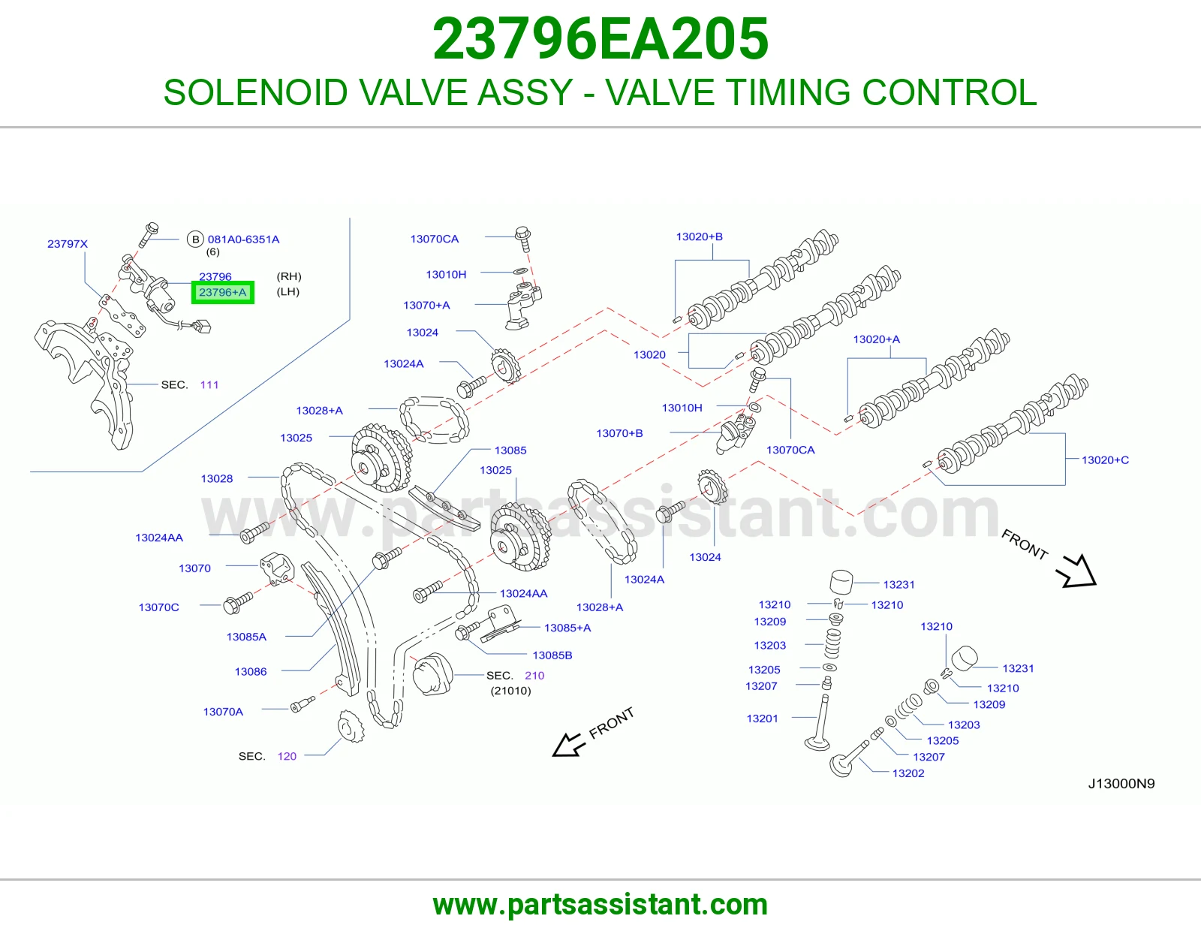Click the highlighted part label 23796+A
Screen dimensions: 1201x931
[223, 292]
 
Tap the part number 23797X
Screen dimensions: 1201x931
[68, 244]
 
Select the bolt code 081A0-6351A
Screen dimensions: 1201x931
[243, 240]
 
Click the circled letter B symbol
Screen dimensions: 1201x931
[195, 240]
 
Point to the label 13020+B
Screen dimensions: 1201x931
[699, 237]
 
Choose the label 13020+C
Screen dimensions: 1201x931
[1106, 460]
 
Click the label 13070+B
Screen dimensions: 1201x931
[619, 433]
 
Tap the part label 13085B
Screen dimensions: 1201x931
[552, 655]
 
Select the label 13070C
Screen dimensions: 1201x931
[158, 607]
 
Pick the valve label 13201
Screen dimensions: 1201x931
[762, 719]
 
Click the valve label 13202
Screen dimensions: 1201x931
[908, 773]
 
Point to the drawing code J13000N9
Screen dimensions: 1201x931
[1121, 784]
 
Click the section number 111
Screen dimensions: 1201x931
[209, 384]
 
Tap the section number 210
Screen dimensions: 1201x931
[534, 676]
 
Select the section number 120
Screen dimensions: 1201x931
[287, 756]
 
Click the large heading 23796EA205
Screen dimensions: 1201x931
[600, 39]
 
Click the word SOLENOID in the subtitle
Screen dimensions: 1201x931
[255, 92]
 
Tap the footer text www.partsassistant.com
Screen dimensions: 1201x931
[600, 905]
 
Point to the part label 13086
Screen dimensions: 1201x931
[251, 672]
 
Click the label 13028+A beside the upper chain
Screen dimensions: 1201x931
[320, 411]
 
